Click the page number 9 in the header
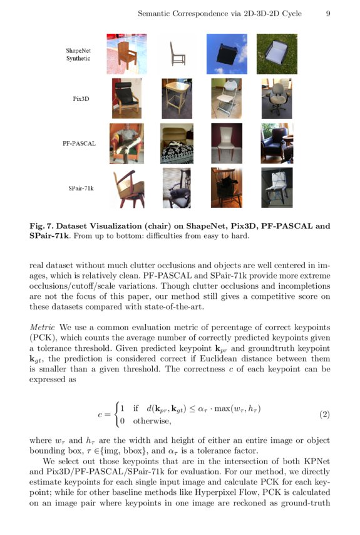pos(327,13)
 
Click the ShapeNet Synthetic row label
pos(78,54)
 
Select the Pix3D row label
pos(80,98)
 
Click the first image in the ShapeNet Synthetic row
pos(126,54)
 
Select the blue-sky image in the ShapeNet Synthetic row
pos(227,54)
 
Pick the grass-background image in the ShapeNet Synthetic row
pos(277,54)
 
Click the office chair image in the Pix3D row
pos(277,98)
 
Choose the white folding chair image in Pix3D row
pos(227,98)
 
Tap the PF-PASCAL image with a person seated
pos(126,143)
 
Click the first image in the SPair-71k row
pos(126,188)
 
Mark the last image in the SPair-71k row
pos(277,188)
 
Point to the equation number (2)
pos(324,415)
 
